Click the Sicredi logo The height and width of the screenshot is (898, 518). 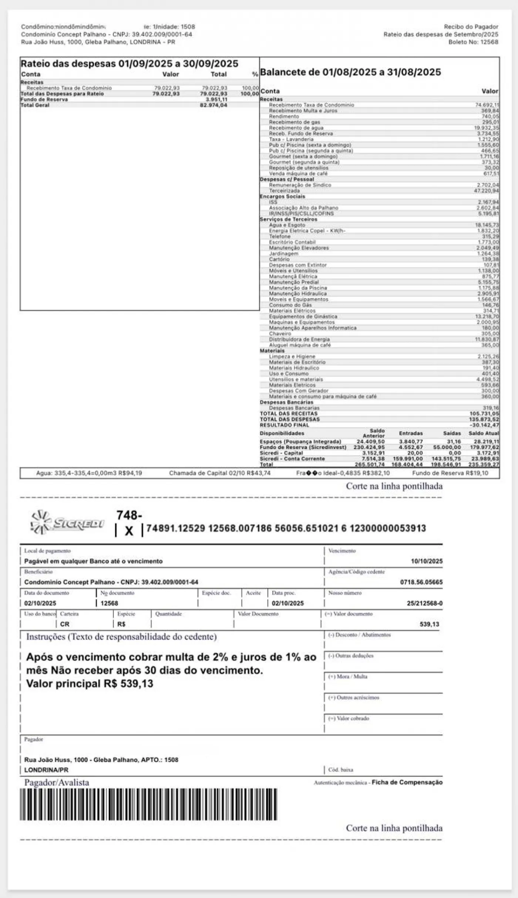coord(68,523)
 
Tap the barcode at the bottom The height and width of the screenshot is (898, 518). coord(148,804)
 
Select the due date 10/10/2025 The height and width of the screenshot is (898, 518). coord(426,561)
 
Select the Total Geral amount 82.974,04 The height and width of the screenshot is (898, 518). coord(213,105)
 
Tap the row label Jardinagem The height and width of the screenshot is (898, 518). coord(283,254)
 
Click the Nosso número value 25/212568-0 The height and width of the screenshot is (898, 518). coord(424,603)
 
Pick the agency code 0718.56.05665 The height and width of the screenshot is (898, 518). coord(421,582)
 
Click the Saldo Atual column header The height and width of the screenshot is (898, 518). coord(484,433)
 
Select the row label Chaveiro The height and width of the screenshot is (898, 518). coord(280,334)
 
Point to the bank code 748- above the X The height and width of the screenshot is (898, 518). coord(129,515)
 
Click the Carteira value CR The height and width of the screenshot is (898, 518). coord(64,624)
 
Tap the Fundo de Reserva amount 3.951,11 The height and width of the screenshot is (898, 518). coord(216,99)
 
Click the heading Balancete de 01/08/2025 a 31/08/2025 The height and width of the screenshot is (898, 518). coord(350,72)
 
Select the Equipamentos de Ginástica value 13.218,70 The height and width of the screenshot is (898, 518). coord(487,317)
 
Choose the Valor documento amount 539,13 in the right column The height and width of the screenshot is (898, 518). coord(429,624)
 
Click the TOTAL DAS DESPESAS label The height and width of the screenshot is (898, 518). coord(290,419)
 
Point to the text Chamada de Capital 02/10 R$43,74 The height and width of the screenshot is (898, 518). coord(220,473)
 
